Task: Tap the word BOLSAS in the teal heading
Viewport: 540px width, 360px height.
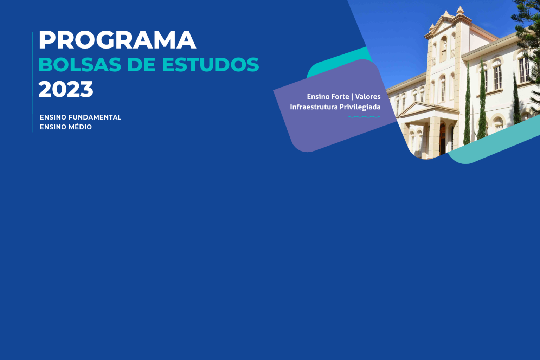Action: [80, 65]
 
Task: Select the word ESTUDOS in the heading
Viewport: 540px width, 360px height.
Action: [210, 65]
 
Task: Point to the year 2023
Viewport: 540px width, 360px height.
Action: [66, 89]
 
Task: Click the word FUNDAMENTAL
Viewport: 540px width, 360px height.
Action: [95, 117]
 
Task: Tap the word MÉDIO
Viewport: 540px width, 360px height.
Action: [80, 127]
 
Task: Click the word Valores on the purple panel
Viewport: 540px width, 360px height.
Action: [368, 97]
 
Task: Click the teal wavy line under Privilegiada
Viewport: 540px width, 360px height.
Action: [364, 117]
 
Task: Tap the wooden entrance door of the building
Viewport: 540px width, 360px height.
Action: [442, 140]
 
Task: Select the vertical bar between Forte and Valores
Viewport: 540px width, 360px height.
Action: [352, 97]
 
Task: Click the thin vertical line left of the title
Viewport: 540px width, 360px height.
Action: [32, 82]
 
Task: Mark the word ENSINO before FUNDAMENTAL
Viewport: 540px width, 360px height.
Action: [53, 117]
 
